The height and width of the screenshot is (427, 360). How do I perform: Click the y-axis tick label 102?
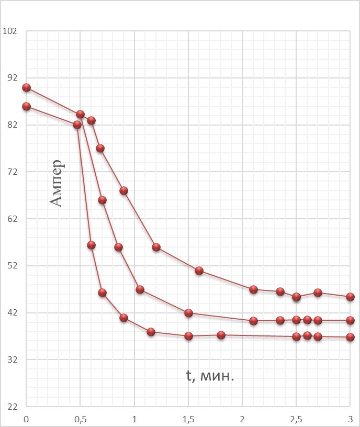pos(10,30)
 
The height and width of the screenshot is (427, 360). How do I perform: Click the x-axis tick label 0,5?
pos(80,419)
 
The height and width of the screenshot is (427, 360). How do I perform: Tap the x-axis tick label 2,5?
pos(296,419)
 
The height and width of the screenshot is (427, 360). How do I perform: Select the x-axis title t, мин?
pos(210,375)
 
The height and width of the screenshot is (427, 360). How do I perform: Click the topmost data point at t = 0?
pos(26,88)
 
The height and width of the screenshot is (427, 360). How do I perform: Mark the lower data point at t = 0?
pos(26,107)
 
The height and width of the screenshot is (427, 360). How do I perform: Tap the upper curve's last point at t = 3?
pos(350,297)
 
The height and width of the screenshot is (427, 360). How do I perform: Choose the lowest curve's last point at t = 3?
pos(350,338)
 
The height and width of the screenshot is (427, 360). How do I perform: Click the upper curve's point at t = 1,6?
pos(199,271)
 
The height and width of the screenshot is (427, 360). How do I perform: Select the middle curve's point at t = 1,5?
pos(188,313)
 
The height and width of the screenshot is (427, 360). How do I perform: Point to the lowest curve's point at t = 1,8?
pos(221,335)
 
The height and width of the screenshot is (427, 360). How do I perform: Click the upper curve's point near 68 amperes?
pos(123,190)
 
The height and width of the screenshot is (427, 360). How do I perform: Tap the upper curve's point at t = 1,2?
pos(156,247)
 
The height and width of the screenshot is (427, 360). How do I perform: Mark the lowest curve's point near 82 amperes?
pos(77,125)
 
